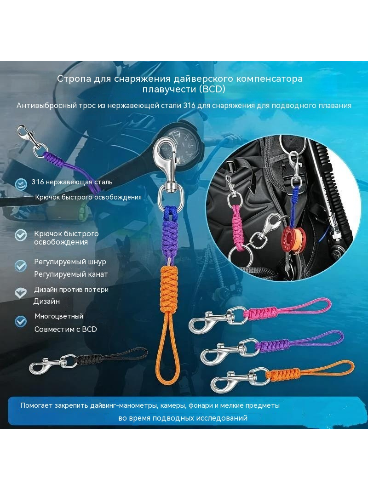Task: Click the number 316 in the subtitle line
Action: (x=189, y=106)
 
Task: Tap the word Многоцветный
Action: (x=59, y=316)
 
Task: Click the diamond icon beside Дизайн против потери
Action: (x=21, y=293)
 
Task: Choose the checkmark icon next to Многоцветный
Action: (x=21, y=321)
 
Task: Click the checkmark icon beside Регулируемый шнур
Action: (x=21, y=266)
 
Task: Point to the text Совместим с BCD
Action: (x=66, y=329)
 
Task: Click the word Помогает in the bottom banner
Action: (x=37, y=405)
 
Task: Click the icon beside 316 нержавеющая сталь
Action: (x=21, y=184)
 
